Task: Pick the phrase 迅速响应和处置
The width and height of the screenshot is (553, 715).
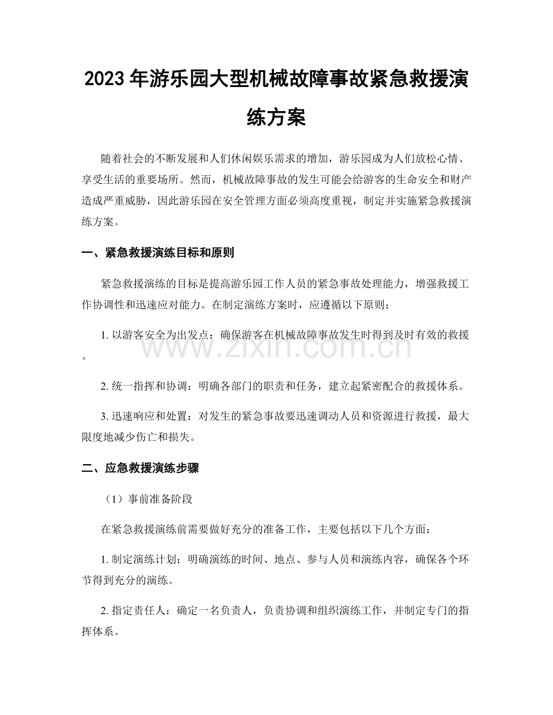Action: pyautogui.click(x=144, y=415)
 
